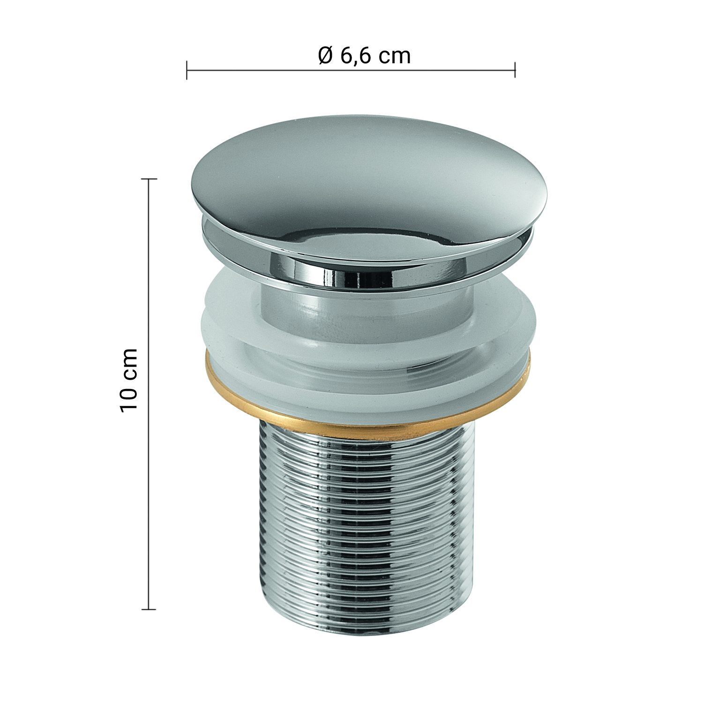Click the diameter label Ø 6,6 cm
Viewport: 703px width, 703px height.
364,56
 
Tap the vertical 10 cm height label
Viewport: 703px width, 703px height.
129,380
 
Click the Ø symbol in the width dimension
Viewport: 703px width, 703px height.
325,56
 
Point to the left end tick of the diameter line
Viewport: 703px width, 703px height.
187,70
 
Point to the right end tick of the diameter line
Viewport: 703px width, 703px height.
515,70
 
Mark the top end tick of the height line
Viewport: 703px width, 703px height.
149,179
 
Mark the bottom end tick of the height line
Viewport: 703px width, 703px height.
149,609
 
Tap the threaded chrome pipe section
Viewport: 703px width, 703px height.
368,520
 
